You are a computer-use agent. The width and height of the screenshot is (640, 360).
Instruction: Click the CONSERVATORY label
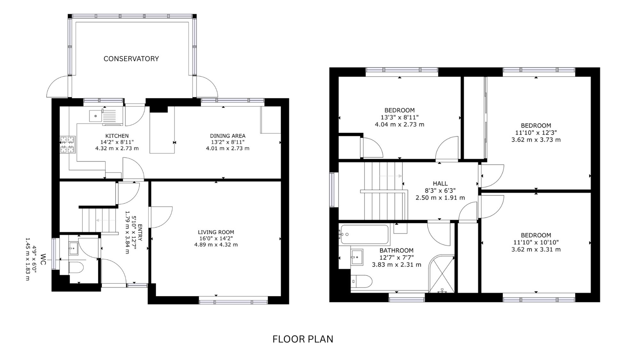(x=131, y=59)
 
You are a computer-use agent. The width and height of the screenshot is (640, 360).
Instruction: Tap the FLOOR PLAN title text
(x=303, y=339)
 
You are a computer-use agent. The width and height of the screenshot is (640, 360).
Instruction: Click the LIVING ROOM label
(x=216, y=232)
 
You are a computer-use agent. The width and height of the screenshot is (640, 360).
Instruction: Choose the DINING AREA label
(x=228, y=136)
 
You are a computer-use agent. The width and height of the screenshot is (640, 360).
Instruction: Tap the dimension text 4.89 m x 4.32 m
(x=216, y=245)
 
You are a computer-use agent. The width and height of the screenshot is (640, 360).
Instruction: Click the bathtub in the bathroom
(x=364, y=235)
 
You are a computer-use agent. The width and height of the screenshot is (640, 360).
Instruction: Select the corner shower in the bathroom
(x=441, y=274)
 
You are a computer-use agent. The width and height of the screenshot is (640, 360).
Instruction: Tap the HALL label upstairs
(x=440, y=184)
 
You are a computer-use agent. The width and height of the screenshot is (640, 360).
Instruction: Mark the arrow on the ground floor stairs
(x=106, y=220)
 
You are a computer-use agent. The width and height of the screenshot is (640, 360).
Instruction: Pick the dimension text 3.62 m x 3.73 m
(x=536, y=140)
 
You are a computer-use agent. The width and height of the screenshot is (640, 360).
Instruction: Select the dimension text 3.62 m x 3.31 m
(x=536, y=250)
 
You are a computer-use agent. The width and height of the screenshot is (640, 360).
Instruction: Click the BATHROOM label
(x=396, y=251)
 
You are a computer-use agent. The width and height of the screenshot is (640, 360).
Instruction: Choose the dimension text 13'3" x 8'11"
(x=400, y=117)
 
